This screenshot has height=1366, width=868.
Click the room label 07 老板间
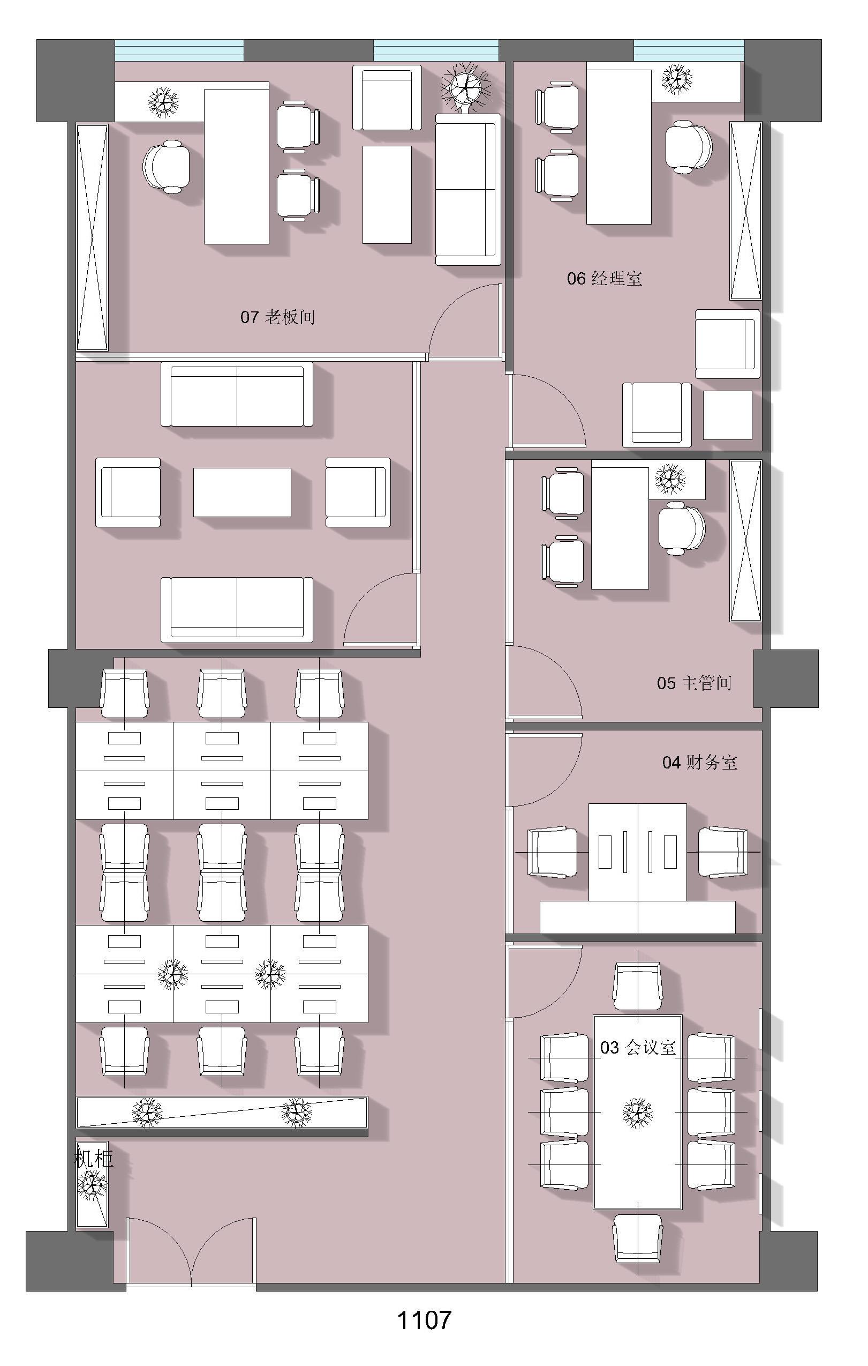tap(277, 317)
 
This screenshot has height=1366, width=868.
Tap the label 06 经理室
tap(605, 279)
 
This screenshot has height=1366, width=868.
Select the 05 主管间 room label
tap(694, 682)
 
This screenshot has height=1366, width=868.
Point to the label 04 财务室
tap(700, 762)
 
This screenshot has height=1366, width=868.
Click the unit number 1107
tap(424, 1336)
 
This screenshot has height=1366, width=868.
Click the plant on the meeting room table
tap(637, 1112)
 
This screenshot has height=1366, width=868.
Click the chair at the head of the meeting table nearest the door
tap(637, 986)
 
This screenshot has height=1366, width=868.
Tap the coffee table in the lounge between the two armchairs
tap(242, 492)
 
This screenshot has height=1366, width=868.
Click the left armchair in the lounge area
tap(128, 492)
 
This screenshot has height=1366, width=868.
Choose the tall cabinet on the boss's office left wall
tap(92, 237)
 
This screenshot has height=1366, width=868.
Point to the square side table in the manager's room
tap(728, 415)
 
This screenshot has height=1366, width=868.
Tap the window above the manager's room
tap(689, 50)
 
